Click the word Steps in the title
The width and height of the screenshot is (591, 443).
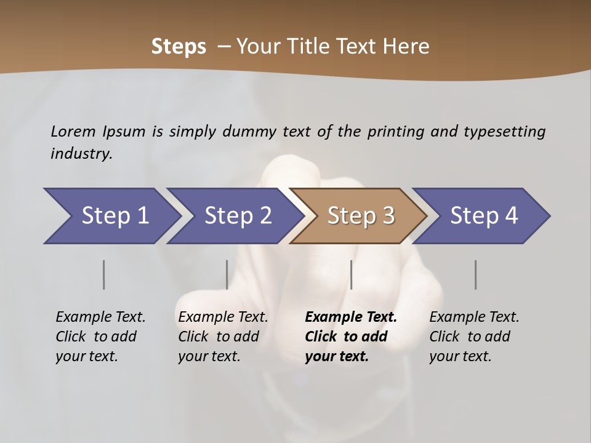pyautogui.click(x=179, y=47)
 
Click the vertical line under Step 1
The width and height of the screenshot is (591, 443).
pyautogui.click(x=103, y=274)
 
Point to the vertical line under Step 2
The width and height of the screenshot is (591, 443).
pyautogui.click(x=227, y=274)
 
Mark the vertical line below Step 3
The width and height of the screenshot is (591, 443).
pyautogui.click(x=351, y=274)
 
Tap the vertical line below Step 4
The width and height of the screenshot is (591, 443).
pyautogui.click(x=475, y=274)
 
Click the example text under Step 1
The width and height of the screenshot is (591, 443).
pyautogui.click(x=100, y=337)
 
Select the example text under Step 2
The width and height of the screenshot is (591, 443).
pyautogui.click(x=222, y=337)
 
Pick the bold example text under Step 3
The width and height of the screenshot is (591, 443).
pyautogui.click(x=350, y=337)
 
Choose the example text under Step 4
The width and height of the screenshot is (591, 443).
pyautogui.click(x=473, y=337)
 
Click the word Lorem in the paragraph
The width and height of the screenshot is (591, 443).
pyautogui.click(x=73, y=132)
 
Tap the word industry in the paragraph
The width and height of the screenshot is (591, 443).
pyautogui.click(x=81, y=154)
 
